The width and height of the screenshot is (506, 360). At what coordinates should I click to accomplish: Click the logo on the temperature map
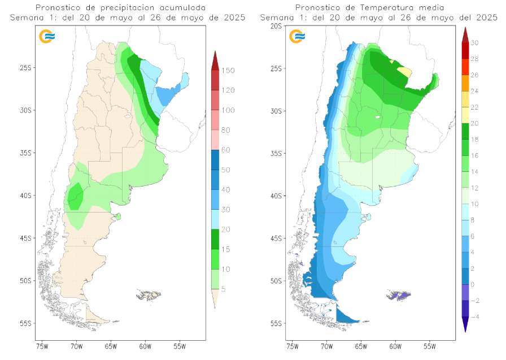[297, 37]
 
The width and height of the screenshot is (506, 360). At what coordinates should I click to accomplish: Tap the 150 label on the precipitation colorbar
[228, 71]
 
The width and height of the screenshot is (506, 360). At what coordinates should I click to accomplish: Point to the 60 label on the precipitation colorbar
[226, 150]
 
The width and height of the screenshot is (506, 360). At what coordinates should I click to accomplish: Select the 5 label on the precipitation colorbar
[224, 289]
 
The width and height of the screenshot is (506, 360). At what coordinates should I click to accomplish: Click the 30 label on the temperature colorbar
[475, 43]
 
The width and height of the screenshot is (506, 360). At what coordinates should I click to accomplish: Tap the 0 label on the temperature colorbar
[473, 285]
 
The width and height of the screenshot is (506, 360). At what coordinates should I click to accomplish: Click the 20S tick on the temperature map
[276, 26]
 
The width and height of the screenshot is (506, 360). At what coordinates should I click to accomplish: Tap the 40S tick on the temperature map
[276, 196]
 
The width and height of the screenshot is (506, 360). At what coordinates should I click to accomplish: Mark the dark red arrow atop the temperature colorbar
[465, 35]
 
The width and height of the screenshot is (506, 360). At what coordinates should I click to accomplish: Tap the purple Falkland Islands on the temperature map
[399, 295]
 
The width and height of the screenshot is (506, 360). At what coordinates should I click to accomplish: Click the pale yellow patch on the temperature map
[405, 71]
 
